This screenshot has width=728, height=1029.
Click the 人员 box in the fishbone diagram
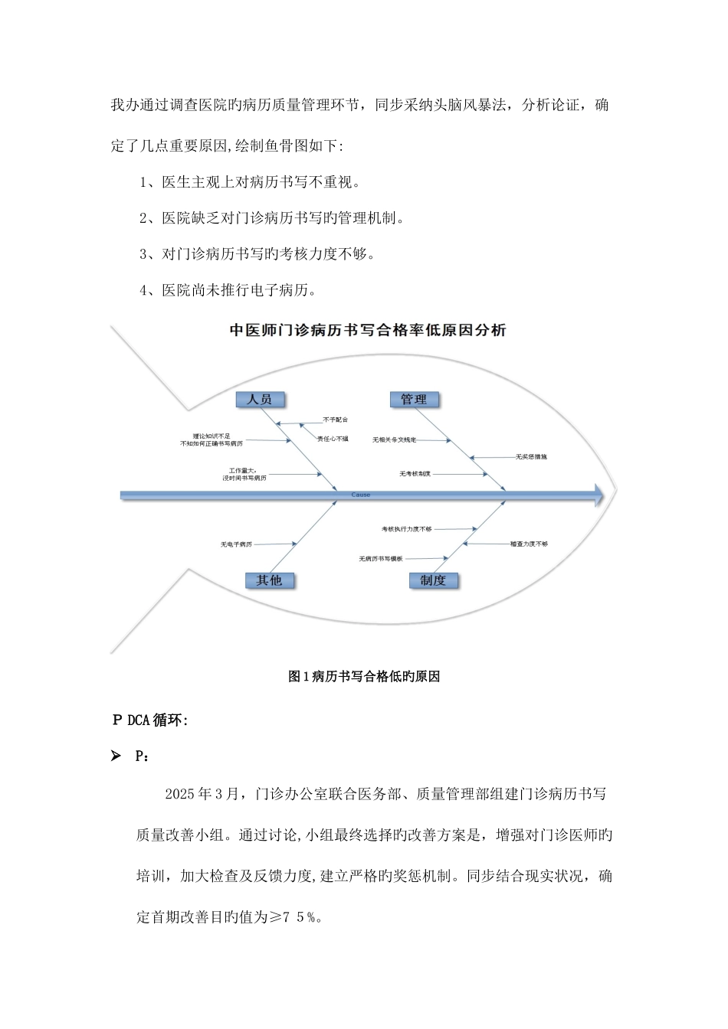(259, 399)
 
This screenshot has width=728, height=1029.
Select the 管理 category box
(414, 399)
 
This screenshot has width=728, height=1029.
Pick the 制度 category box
(433, 580)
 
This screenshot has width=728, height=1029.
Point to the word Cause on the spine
(360, 495)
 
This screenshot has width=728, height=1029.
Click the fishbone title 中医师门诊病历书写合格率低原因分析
(368, 331)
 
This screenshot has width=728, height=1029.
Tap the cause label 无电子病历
(236, 544)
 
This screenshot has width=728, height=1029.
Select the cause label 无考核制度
(415, 474)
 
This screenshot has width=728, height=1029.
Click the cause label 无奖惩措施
(531, 456)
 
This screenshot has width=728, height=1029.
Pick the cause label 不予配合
(335, 420)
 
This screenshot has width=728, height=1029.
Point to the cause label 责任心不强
(333, 439)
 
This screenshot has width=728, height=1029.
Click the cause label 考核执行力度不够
(407, 529)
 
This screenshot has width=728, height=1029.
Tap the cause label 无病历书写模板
(381, 559)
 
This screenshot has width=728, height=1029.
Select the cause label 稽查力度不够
(529, 544)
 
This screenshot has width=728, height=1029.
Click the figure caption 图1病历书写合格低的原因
(363, 676)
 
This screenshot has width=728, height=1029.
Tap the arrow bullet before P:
(116, 756)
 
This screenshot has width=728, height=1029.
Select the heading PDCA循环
(149, 720)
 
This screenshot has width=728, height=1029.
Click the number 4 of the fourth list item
(143, 290)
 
